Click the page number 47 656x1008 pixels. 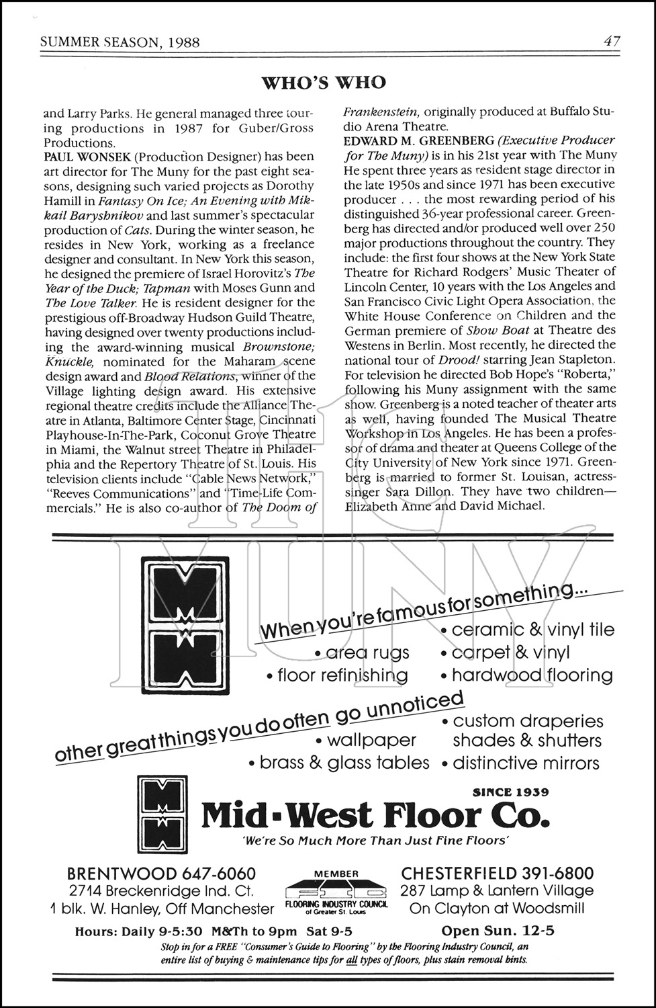pyautogui.click(x=611, y=42)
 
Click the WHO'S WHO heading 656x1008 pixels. pyautogui.click(x=324, y=83)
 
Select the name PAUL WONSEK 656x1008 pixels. pyautogui.click(x=84, y=157)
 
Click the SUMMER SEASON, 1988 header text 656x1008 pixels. pyautogui.click(x=120, y=42)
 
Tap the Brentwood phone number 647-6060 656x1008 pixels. pyautogui.click(x=218, y=874)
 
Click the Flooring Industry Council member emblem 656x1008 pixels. pyautogui.click(x=336, y=893)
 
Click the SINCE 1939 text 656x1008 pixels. pyautogui.click(x=511, y=792)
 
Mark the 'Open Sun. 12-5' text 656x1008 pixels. pyautogui.click(x=498, y=931)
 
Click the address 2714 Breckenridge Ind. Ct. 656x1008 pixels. pyautogui.click(x=160, y=891)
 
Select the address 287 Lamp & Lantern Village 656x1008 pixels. pyautogui.click(x=497, y=890)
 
